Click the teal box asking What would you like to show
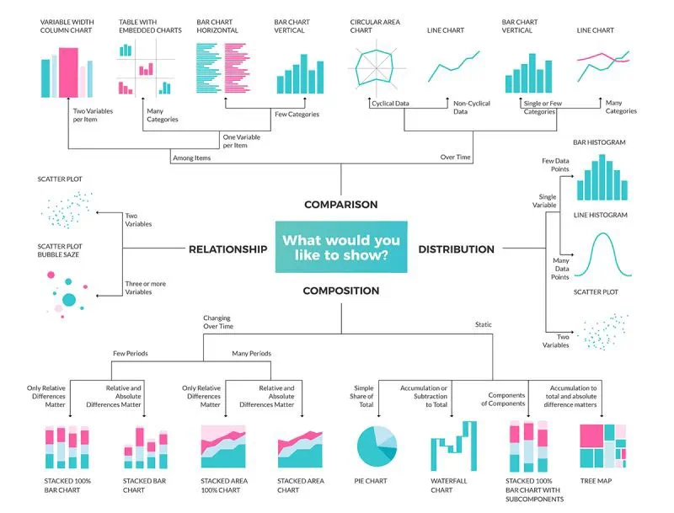pos(341,248)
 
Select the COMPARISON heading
pos(341,205)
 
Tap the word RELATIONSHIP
pos(227,249)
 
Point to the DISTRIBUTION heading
pos(456,249)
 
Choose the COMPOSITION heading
pos(341,291)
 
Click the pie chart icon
pos(377,446)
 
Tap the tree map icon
pos(602,446)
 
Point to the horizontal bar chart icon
pos(222,67)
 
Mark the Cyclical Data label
pos(390,104)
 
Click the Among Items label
pos(191,158)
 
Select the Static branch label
pos(483,324)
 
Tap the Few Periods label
pos(131,353)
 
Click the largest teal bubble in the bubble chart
pos(70,300)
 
